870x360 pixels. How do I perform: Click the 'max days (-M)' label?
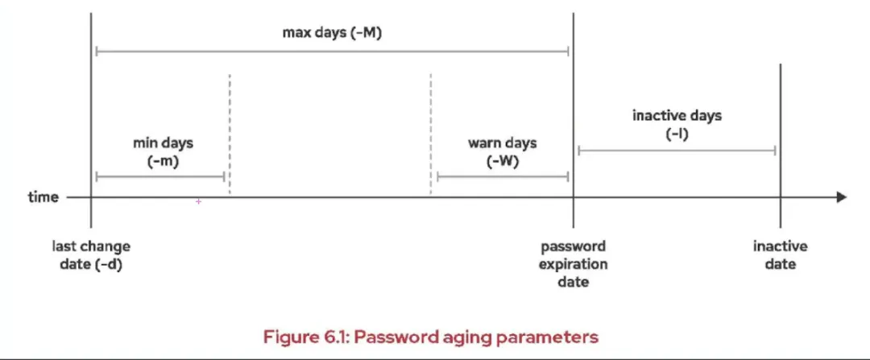[x=331, y=33]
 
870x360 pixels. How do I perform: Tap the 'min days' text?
[x=163, y=143]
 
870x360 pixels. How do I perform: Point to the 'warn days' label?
[x=503, y=143]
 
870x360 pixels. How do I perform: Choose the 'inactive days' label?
[x=677, y=115]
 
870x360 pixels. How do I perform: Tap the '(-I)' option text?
[x=677, y=133]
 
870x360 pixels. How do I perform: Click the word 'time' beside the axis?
[x=43, y=197]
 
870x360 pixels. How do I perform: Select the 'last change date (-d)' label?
[x=91, y=255]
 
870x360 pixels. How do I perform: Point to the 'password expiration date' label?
[x=573, y=264]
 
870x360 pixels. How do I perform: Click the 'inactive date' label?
[x=780, y=255]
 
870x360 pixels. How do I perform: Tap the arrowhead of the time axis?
[x=841, y=197]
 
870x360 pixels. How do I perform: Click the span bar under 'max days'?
[x=331, y=51]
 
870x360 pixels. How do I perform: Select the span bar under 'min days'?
[x=159, y=176]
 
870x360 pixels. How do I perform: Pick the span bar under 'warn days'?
[x=503, y=176]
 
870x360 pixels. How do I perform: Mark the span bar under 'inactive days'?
[x=677, y=150]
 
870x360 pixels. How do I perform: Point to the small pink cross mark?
[x=198, y=201]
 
